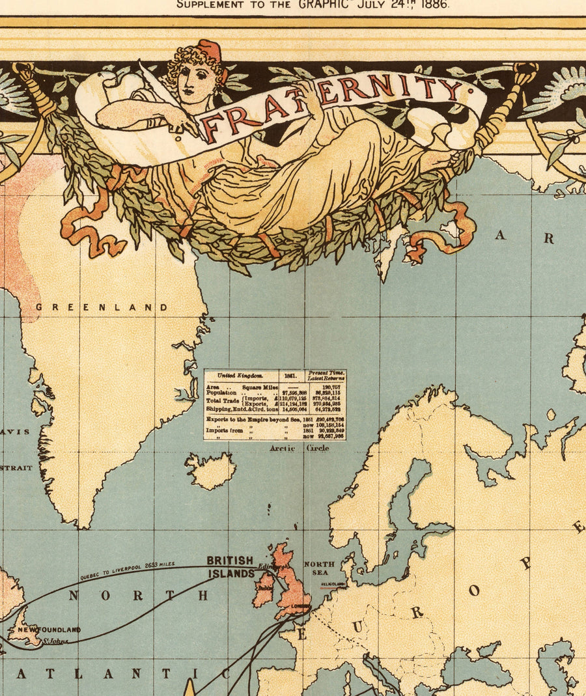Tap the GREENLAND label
coord(102,307)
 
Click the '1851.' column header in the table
coord(290,376)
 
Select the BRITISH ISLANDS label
coord(230,567)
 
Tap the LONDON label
coord(301,606)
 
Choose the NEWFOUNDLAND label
coord(49,630)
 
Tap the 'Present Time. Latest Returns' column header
coord(326,376)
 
